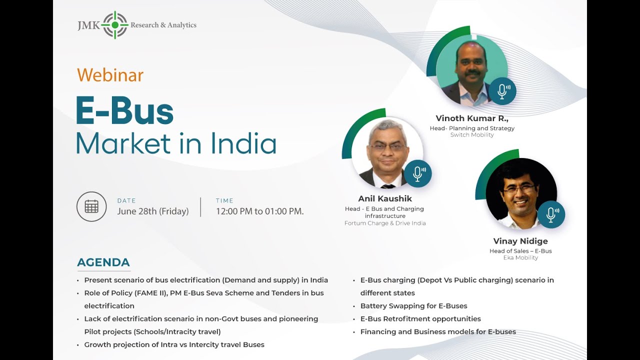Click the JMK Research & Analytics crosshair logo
click(115, 25)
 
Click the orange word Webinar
click(110, 75)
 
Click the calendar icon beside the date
click(91, 206)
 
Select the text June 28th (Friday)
click(153, 211)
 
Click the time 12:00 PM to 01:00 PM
click(259, 211)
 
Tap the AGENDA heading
click(103, 262)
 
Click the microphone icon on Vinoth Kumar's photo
click(502, 91)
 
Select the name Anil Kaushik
click(385, 198)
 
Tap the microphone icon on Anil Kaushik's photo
click(417, 173)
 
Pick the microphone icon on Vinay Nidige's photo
click(551, 214)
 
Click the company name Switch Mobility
click(472, 135)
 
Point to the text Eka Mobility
click(520, 257)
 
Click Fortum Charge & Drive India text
click(385, 223)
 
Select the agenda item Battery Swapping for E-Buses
click(413, 306)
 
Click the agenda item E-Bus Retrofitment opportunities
click(420, 319)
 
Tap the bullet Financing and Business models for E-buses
click(438, 332)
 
